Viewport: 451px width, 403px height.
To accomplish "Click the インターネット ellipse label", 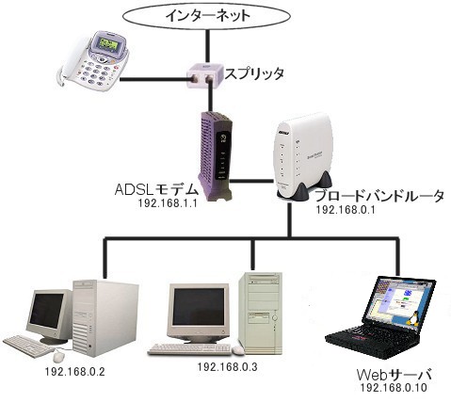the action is coord(207,16).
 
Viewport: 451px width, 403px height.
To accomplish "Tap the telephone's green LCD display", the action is coord(108,43).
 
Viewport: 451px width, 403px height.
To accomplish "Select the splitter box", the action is coord(204,75).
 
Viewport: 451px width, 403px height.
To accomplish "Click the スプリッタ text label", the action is coord(254,73).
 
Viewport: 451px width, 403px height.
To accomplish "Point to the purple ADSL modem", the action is coord(216,156).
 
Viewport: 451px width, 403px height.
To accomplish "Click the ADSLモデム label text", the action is coord(156,190).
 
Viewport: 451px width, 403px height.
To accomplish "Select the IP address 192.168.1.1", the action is coord(168,203).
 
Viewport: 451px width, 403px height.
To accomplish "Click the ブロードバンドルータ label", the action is coord(379,197).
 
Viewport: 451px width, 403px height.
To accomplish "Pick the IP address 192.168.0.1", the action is coord(346,210).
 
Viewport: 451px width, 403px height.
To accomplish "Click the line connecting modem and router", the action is coord(251,181).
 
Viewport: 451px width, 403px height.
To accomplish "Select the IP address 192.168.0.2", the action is coord(74,372).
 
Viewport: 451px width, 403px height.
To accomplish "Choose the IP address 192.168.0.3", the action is coord(227,366).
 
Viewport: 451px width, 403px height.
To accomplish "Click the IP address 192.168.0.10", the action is coord(394,388).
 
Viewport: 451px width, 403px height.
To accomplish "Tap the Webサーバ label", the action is coord(395,375).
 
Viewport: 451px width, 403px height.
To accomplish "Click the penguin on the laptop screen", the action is coord(412,319).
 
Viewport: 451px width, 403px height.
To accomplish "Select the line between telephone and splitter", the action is coord(153,80).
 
